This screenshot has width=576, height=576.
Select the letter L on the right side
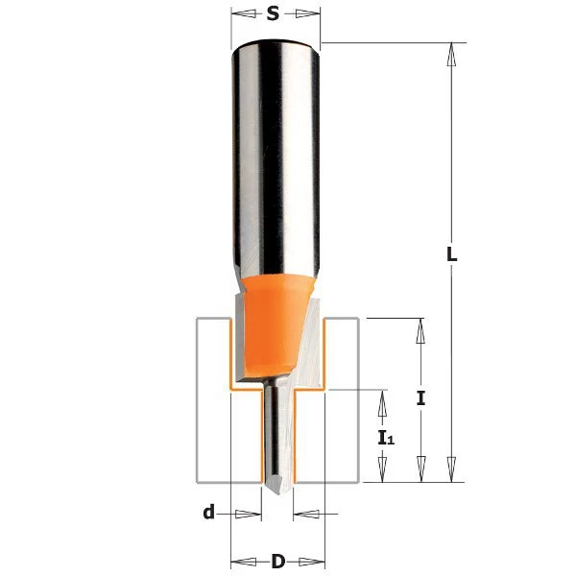[451, 256]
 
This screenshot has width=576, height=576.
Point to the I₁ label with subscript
[385, 438]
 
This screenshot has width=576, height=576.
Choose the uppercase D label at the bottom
[277, 561]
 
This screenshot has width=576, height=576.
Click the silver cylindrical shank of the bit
[276, 154]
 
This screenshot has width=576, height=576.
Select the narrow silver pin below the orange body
[276, 432]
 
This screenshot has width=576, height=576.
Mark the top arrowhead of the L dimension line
[451, 54]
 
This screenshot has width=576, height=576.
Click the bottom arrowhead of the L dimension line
[451, 470]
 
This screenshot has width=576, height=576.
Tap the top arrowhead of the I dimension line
[420, 329]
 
